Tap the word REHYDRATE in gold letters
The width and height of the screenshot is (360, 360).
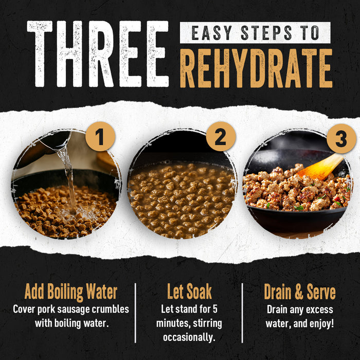tap(256, 68)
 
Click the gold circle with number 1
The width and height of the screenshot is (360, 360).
tap(100, 137)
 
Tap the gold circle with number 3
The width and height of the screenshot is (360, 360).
tap(341, 138)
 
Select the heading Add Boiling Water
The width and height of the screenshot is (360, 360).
tap(70, 292)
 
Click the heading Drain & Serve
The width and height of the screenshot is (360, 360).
tap(300, 292)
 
